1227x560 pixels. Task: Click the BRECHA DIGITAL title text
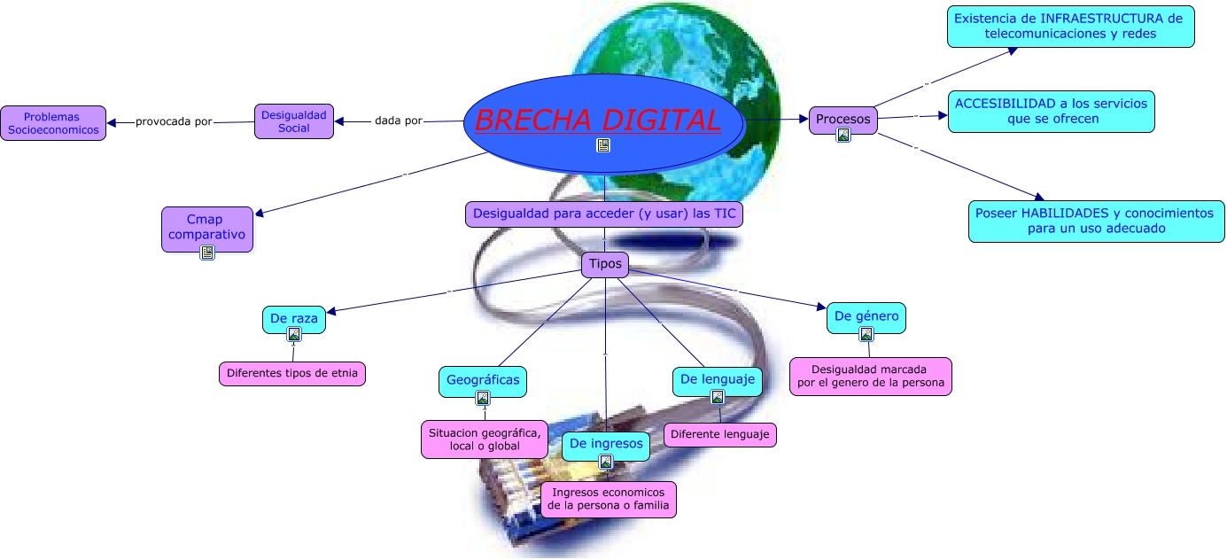[x=598, y=120]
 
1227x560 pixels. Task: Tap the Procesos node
[x=843, y=119]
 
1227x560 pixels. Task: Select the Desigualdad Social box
[x=294, y=121]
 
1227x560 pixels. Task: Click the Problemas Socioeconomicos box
[x=52, y=123]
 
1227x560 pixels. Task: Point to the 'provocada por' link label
[x=174, y=121]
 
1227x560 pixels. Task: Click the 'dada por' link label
[x=399, y=121]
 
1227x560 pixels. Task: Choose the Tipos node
[x=605, y=263]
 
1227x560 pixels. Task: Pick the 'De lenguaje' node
[x=717, y=379]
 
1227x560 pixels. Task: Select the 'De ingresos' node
[x=605, y=443]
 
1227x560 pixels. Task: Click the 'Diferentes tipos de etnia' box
[x=292, y=374]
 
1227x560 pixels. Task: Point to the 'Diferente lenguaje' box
[x=719, y=434]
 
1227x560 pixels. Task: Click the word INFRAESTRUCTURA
[x=1097, y=18]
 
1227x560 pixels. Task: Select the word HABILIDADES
[x=1060, y=213]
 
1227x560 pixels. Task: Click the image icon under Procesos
[x=843, y=136]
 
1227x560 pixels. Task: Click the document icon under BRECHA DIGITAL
[x=603, y=145]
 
